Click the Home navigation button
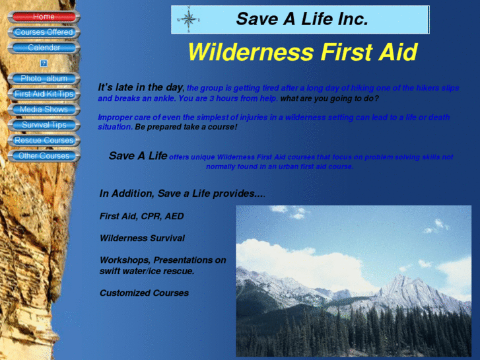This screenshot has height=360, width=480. [x=44, y=17]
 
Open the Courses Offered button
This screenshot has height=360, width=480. [x=44, y=32]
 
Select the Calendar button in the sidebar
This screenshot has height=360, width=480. [x=44, y=48]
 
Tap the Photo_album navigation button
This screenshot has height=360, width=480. [x=44, y=79]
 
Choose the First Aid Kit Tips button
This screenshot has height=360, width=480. [x=44, y=94]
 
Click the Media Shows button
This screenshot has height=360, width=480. [x=44, y=110]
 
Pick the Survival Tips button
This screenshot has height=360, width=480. [x=44, y=125]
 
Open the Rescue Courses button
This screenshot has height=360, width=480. [x=44, y=141]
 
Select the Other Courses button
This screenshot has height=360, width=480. [x=44, y=156]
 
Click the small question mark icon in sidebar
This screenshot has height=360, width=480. [x=44, y=63]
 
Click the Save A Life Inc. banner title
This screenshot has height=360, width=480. [x=302, y=19]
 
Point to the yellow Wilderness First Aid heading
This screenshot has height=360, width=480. [x=302, y=52]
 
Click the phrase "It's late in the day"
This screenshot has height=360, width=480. [x=141, y=87]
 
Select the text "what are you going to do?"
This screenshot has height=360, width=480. [x=329, y=98]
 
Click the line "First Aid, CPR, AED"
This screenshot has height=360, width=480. [x=141, y=216]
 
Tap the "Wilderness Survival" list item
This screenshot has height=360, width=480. [x=142, y=238]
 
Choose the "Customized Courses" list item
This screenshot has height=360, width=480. [x=144, y=293]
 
